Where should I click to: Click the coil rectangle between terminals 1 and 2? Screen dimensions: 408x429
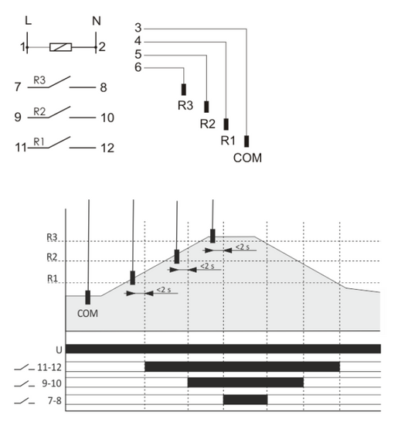(61, 47)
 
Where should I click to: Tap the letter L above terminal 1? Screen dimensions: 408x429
(28, 21)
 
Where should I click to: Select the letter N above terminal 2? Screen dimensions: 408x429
(97, 21)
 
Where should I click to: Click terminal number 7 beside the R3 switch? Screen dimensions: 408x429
(18, 87)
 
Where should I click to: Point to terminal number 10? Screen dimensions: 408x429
(107, 118)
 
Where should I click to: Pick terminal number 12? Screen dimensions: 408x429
(107, 148)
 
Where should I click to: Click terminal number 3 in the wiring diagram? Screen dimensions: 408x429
(138, 28)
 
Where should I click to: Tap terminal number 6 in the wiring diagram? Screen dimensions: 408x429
(138, 67)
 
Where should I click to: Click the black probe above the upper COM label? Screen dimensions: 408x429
(246, 141)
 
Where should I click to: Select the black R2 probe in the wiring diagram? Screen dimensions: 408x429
(206, 107)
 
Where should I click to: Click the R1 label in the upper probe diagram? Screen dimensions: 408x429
(228, 141)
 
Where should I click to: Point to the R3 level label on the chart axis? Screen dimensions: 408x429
(52, 237)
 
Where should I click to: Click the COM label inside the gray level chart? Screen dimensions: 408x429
(87, 313)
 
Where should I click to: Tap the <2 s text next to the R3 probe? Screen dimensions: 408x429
(243, 247)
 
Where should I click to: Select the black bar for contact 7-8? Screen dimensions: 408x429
(245, 400)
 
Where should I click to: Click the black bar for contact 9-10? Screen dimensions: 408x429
(246, 382)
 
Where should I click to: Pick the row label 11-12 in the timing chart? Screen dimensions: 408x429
(49, 367)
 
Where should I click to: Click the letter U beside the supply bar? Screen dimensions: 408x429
(59, 350)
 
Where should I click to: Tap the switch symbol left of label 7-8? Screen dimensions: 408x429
(24, 401)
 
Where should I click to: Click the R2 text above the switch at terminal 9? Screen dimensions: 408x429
(39, 111)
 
